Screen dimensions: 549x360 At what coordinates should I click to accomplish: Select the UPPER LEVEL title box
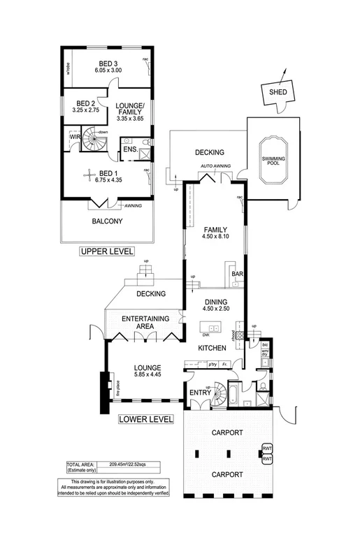(x=107, y=251)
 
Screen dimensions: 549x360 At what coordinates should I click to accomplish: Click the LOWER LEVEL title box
(x=145, y=420)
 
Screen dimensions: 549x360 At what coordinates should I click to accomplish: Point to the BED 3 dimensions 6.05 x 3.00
(x=107, y=71)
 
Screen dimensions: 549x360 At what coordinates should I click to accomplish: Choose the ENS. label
(x=129, y=149)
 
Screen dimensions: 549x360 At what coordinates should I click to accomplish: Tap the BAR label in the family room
(x=238, y=275)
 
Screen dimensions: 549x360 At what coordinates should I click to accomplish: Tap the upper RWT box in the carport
(x=266, y=448)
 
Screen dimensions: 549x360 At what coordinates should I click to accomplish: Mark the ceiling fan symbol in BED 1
(x=88, y=175)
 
